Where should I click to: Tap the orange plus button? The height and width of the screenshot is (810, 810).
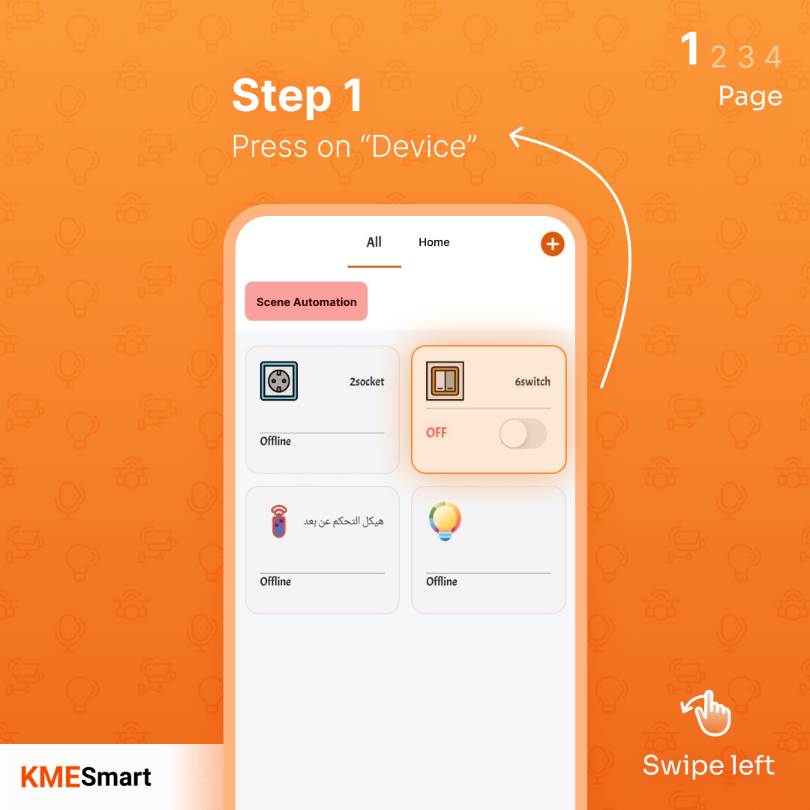(552, 244)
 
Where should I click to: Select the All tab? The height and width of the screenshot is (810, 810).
(374, 242)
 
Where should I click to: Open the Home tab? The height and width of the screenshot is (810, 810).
(434, 242)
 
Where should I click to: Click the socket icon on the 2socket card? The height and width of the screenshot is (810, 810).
(279, 381)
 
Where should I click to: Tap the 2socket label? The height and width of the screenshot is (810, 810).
(367, 382)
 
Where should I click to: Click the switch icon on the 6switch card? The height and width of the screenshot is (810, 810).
(445, 381)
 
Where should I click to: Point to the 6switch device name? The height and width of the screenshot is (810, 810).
(532, 382)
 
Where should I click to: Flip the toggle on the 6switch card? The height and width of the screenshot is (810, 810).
(523, 433)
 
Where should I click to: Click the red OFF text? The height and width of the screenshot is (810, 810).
(436, 433)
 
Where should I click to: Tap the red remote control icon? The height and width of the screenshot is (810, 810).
(279, 521)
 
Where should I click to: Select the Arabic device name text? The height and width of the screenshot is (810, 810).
(343, 521)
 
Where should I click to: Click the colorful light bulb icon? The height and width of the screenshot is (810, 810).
(445, 521)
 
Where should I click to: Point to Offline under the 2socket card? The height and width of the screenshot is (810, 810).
(275, 441)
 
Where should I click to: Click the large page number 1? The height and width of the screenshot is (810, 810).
(690, 50)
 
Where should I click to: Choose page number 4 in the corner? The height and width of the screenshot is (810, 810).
(772, 57)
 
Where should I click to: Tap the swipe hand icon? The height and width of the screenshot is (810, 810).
(706, 713)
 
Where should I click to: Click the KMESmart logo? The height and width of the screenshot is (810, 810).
(86, 777)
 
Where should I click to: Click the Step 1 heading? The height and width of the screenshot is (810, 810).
(297, 97)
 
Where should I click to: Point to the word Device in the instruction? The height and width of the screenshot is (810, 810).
(423, 146)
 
